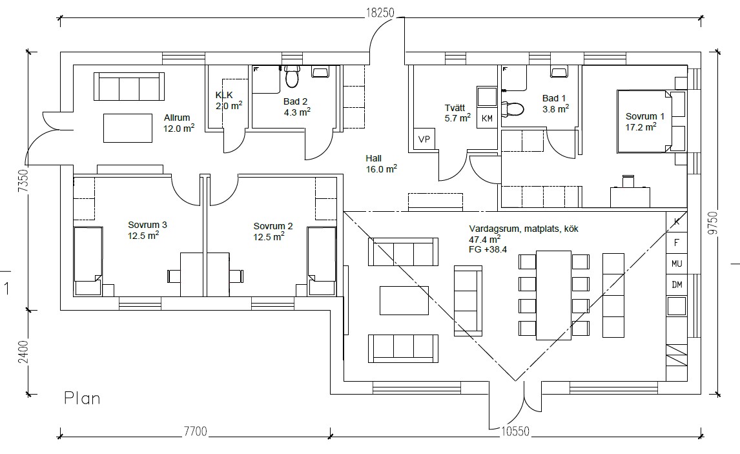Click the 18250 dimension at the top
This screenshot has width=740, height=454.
pos(380,12)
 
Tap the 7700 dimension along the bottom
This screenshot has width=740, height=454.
pos(196,431)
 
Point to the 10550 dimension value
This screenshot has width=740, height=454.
pos(515,431)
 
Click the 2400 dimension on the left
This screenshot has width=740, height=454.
pos(23,352)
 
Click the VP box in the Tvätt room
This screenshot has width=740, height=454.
pos(424,139)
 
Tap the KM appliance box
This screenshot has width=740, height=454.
pos(487,118)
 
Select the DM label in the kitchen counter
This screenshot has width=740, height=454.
pos(677,285)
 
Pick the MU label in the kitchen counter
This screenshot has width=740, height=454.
pos(677,263)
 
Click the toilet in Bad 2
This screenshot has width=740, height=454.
pos(292,76)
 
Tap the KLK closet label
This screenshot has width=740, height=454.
pos(224,95)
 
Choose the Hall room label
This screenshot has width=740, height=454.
pos(373,159)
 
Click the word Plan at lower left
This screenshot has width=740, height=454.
pos(82,398)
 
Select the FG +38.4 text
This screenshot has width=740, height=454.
pos(488,250)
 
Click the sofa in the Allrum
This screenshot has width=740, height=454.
pos(129,87)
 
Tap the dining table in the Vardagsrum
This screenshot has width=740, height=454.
pos(554,295)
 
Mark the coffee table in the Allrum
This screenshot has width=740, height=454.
pos(128,128)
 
